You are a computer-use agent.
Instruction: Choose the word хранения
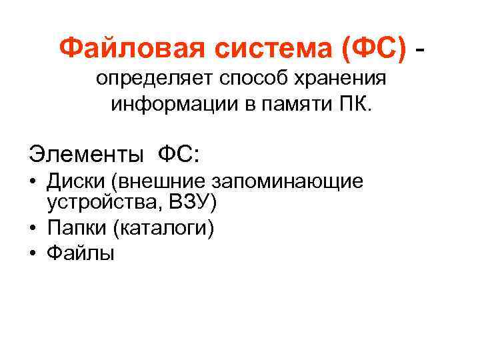339,80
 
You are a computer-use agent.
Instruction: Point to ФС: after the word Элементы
178,154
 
